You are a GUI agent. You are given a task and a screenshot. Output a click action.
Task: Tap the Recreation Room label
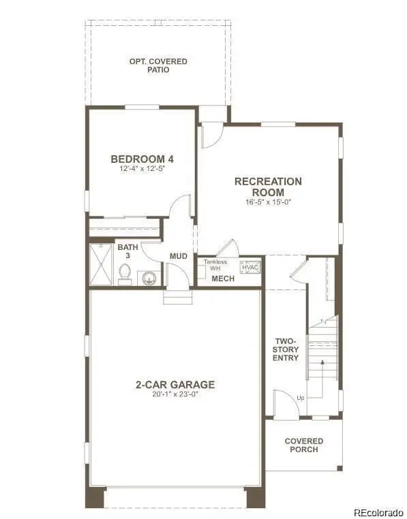point(268,186)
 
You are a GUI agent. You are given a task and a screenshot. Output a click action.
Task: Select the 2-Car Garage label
point(175,384)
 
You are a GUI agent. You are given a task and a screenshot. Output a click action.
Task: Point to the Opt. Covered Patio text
point(158,66)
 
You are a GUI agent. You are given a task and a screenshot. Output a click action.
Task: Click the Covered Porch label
point(304,445)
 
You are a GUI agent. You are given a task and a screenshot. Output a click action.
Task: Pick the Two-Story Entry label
point(286,349)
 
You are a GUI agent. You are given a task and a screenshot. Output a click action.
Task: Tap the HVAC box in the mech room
point(250,267)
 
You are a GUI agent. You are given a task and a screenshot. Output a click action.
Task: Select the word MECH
point(222,279)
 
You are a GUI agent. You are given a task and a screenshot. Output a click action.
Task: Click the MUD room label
point(179,256)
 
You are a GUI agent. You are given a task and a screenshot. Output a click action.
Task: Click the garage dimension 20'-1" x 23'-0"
point(175,394)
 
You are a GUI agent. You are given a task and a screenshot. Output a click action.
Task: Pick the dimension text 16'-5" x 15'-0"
point(268,201)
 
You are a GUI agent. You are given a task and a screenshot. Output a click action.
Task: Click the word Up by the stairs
point(300,398)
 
